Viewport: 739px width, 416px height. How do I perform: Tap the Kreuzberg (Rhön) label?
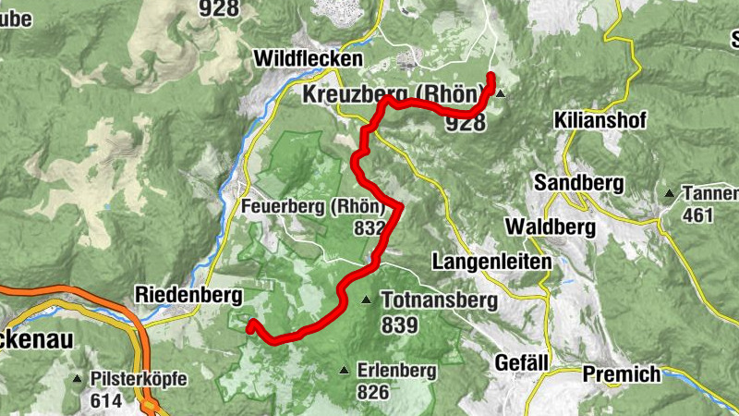click(x=394, y=94)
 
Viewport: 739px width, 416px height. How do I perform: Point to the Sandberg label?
click(x=578, y=182)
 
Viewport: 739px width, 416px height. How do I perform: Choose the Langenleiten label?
click(x=491, y=262)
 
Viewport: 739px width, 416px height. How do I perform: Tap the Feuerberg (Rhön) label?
click(x=311, y=208)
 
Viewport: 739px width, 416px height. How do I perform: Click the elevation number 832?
click(x=368, y=228)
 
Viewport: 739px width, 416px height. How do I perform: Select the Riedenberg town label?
click(x=188, y=295)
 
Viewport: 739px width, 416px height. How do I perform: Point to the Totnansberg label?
click(x=439, y=300)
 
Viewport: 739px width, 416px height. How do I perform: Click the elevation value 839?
click(x=399, y=324)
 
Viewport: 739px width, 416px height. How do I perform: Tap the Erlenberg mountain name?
click(x=397, y=371)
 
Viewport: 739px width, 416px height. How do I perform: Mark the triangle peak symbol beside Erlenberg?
click(x=345, y=371)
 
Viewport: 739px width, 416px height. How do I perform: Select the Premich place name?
click(x=622, y=374)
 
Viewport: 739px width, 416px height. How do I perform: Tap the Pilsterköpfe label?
click(x=139, y=379)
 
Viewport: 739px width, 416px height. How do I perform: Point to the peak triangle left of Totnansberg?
click(x=367, y=300)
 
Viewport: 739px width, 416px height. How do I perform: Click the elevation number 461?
click(x=697, y=215)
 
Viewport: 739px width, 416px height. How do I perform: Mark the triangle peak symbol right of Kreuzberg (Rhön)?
click(x=501, y=94)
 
